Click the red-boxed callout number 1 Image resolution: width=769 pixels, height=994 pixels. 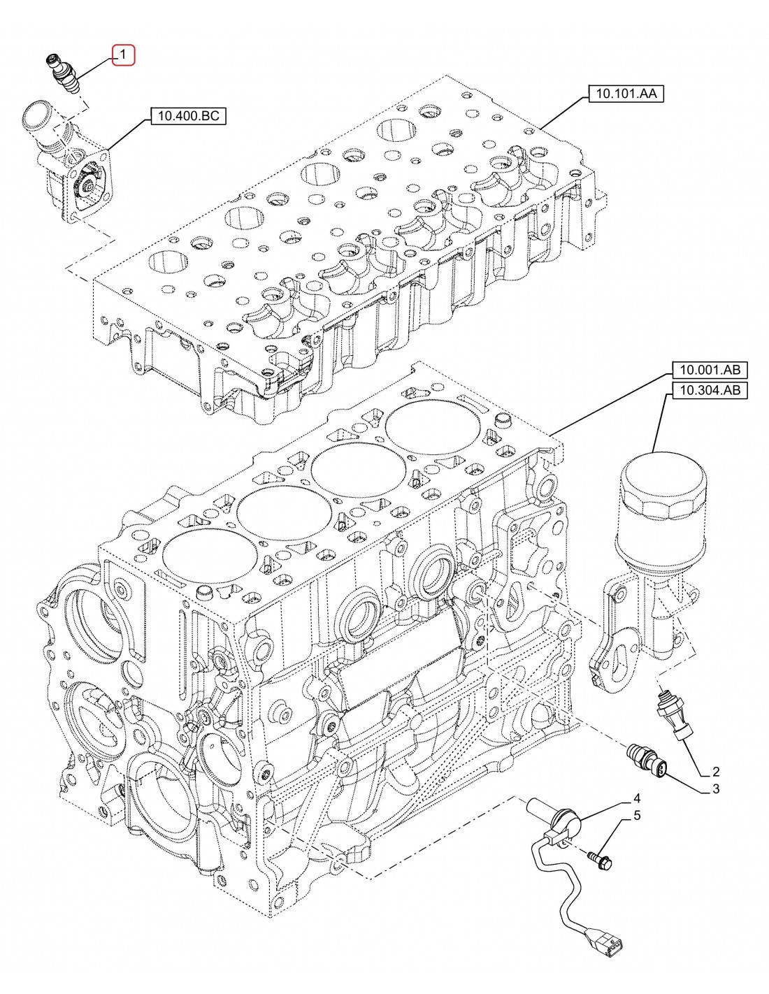tap(122, 54)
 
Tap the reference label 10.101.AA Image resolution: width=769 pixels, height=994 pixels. tap(626, 93)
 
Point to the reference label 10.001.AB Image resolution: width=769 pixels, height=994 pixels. tap(708, 370)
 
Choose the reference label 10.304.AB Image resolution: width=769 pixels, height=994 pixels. tap(708, 391)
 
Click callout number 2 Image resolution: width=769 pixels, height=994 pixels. tap(715, 772)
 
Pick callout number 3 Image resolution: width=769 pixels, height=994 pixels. tap(715, 790)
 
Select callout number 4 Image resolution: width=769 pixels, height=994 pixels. tap(637, 798)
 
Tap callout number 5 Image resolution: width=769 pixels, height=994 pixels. tap(637, 815)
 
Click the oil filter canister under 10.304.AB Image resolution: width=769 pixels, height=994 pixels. tap(661, 503)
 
